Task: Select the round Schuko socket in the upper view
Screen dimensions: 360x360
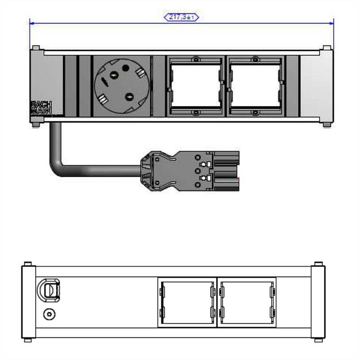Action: (121, 86)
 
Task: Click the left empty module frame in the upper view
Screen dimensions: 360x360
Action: (195, 85)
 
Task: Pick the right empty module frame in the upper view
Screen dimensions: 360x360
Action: (255, 85)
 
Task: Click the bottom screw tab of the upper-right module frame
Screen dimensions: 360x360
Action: (255, 112)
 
